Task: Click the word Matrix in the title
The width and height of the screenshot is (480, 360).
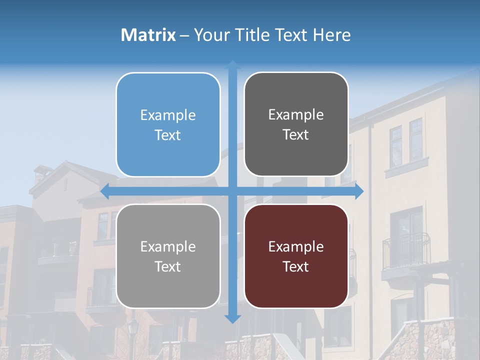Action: click(x=148, y=35)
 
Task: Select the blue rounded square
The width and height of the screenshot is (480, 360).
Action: click(x=168, y=124)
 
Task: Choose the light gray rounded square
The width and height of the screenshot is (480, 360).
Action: click(x=168, y=256)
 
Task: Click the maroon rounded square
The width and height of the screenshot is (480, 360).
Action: click(x=296, y=256)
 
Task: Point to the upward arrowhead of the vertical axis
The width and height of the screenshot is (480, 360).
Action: click(x=232, y=64)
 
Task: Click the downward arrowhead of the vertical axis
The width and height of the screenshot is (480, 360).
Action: click(x=232, y=318)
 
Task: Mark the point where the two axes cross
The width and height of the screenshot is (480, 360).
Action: click(x=232, y=191)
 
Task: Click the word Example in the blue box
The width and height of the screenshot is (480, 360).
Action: click(x=168, y=115)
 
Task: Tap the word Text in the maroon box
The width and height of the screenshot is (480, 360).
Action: click(x=296, y=266)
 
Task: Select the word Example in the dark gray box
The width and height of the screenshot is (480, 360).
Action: click(x=296, y=115)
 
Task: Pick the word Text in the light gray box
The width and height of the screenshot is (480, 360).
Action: click(x=168, y=266)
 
